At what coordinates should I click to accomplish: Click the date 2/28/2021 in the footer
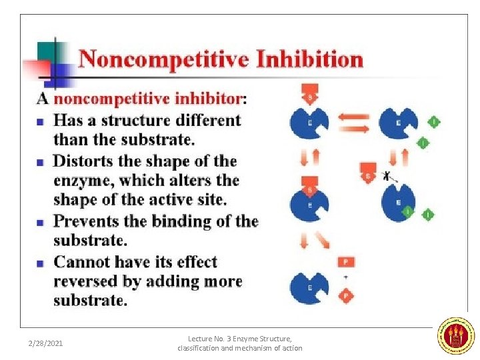click(45, 343)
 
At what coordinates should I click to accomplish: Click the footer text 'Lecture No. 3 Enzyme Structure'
click(240, 339)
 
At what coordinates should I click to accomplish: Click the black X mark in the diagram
click(387, 176)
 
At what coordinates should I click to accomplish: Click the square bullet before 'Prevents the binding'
click(40, 222)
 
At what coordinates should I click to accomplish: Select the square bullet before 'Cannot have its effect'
click(40, 263)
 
